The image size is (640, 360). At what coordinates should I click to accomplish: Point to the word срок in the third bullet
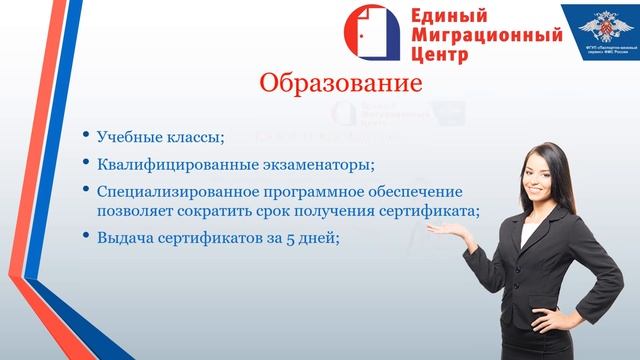pyautogui.click(x=279, y=210)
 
